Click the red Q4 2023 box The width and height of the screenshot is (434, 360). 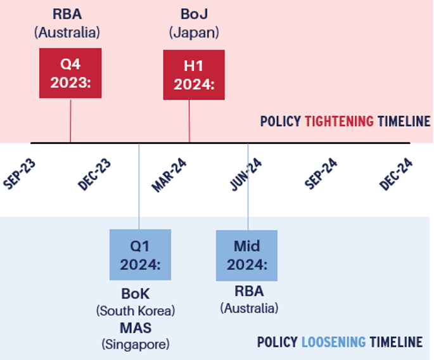pos(70,73)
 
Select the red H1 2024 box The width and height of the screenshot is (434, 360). pos(194,75)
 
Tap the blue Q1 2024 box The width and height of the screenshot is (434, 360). pos(140,255)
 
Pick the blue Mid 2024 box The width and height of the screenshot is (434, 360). pos(246,255)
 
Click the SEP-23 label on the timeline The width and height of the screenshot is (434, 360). pos(20,174)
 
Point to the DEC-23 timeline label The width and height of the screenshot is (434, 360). pos(94,174)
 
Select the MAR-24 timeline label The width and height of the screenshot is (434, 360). pos(169,175)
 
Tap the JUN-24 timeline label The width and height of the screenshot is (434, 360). pos(246,174)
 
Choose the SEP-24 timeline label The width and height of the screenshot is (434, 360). pos(321,174)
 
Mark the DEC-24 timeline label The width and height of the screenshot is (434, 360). pos(396,174)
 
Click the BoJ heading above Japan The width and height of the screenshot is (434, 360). pos(194,14)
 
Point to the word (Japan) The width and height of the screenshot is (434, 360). pos(194,33)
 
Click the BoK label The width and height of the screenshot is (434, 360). pos(136,294)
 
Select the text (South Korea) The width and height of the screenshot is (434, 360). pos(136,311)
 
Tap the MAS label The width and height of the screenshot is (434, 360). pos(136,328)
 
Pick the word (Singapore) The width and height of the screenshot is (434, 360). pos(136,345)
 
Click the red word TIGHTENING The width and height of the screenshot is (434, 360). pos(340,121)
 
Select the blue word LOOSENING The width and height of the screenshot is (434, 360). pos(333,342)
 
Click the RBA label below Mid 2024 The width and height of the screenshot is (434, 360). pos(249,292)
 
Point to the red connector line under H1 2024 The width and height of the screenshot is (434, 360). pos(189,121)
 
